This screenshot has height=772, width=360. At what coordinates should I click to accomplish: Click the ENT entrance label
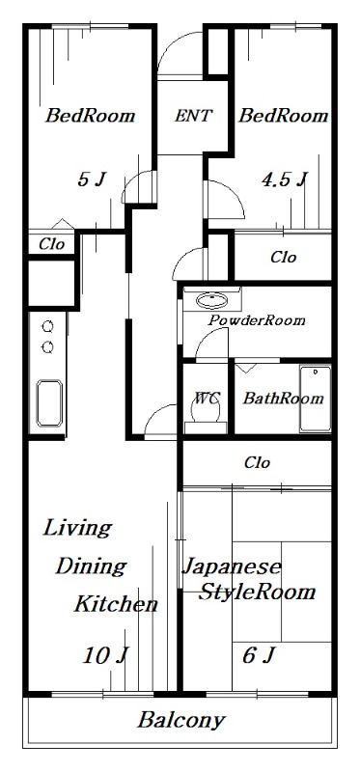click(x=194, y=116)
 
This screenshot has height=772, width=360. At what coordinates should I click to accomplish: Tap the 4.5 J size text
click(x=285, y=179)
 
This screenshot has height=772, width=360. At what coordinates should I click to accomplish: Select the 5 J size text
click(x=91, y=179)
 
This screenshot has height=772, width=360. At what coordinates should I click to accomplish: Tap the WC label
click(x=206, y=398)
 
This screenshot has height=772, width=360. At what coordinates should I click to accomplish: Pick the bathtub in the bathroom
click(x=315, y=399)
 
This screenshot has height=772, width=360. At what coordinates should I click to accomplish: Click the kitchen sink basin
click(x=48, y=400)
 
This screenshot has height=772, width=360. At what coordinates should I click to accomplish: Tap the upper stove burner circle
click(x=46, y=327)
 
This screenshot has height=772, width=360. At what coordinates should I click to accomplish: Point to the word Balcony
click(x=180, y=719)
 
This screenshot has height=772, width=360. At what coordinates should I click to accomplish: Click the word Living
click(x=76, y=528)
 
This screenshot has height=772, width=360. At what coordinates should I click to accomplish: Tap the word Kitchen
click(x=116, y=605)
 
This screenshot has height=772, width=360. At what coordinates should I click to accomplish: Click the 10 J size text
click(x=105, y=656)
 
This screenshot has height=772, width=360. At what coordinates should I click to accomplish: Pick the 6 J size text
click(x=258, y=656)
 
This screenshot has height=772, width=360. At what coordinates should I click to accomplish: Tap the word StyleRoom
click(x=257, y=592)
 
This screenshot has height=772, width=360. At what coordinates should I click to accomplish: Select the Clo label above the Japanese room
click(x=256, y=462)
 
